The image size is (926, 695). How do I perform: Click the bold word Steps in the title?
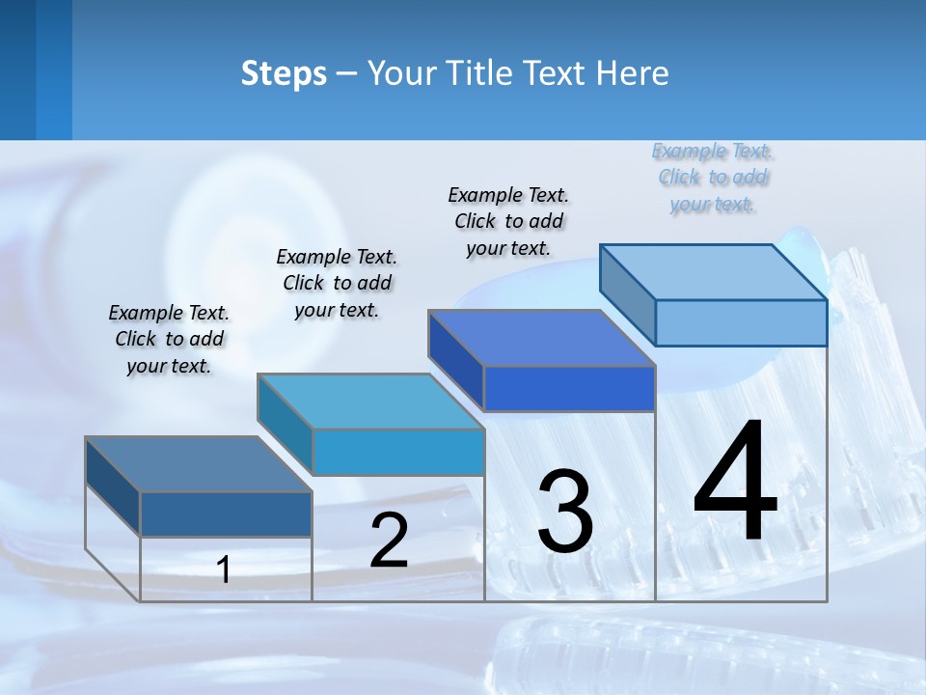pos(284,73)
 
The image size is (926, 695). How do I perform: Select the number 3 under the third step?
pos(565,511)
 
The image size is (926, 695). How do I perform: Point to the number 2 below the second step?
pos(389,541)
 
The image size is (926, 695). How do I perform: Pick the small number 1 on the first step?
pos(224,570)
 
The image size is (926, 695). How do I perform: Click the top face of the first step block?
pos(199,464)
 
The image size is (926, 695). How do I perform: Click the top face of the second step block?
pos(370,402)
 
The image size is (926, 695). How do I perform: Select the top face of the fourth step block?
pos(714,272)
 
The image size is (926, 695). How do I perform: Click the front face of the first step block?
pos(226,514)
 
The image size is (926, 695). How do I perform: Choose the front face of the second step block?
pos(398,452)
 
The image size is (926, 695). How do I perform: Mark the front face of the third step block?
pos(569,388)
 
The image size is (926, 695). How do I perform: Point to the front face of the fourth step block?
pos(741,322)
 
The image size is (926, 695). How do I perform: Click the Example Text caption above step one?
pos(169,339)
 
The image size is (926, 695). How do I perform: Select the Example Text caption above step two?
pos(337,283)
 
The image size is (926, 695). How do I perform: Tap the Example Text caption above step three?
pos(508,221)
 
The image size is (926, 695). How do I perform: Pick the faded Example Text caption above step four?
pos(713,178)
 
